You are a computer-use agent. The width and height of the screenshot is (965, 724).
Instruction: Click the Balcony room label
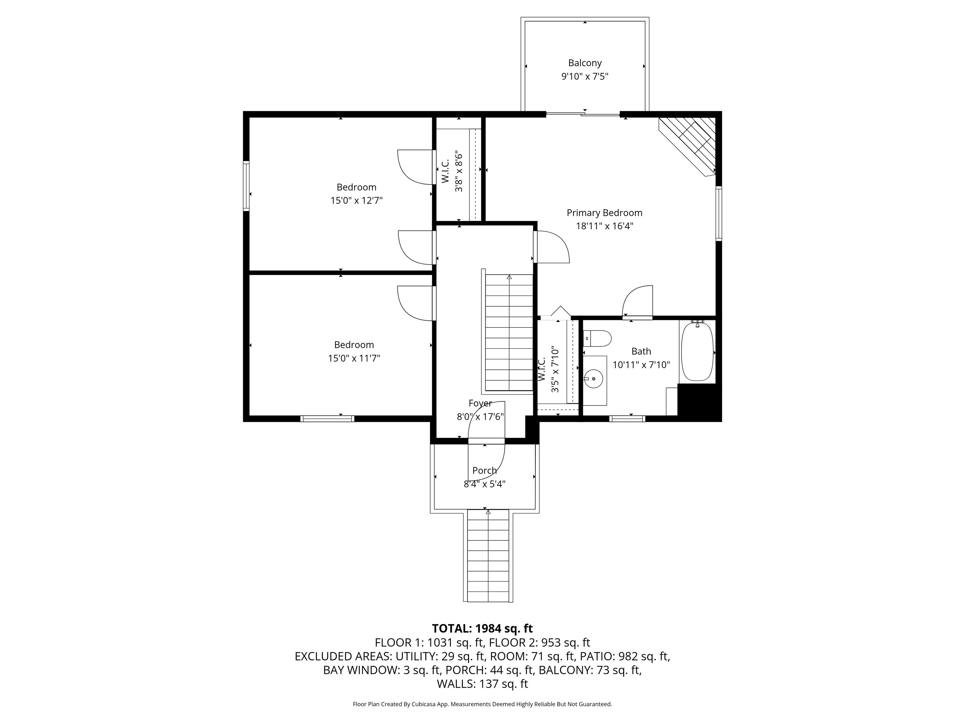click(x=585, y=63)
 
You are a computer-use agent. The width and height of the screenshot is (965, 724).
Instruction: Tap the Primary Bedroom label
click(x=604, y=213)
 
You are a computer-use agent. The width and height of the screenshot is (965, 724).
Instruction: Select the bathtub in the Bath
click(x=697, y=351)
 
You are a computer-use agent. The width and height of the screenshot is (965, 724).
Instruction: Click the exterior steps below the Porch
click(x=488, y=556)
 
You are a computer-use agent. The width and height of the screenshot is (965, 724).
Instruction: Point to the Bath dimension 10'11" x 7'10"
click(x=641, y=365)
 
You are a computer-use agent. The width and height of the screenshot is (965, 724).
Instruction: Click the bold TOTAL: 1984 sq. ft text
click(x=482, y=628)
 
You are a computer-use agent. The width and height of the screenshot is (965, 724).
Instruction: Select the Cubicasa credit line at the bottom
click(x=482, y=704)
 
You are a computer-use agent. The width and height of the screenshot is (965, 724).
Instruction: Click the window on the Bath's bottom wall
click(x=627, y=419)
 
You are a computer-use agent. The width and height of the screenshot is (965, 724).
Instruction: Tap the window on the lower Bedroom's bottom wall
click(x=327, y=419)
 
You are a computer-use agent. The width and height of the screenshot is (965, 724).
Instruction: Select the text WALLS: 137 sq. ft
click(x=482, y=684)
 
